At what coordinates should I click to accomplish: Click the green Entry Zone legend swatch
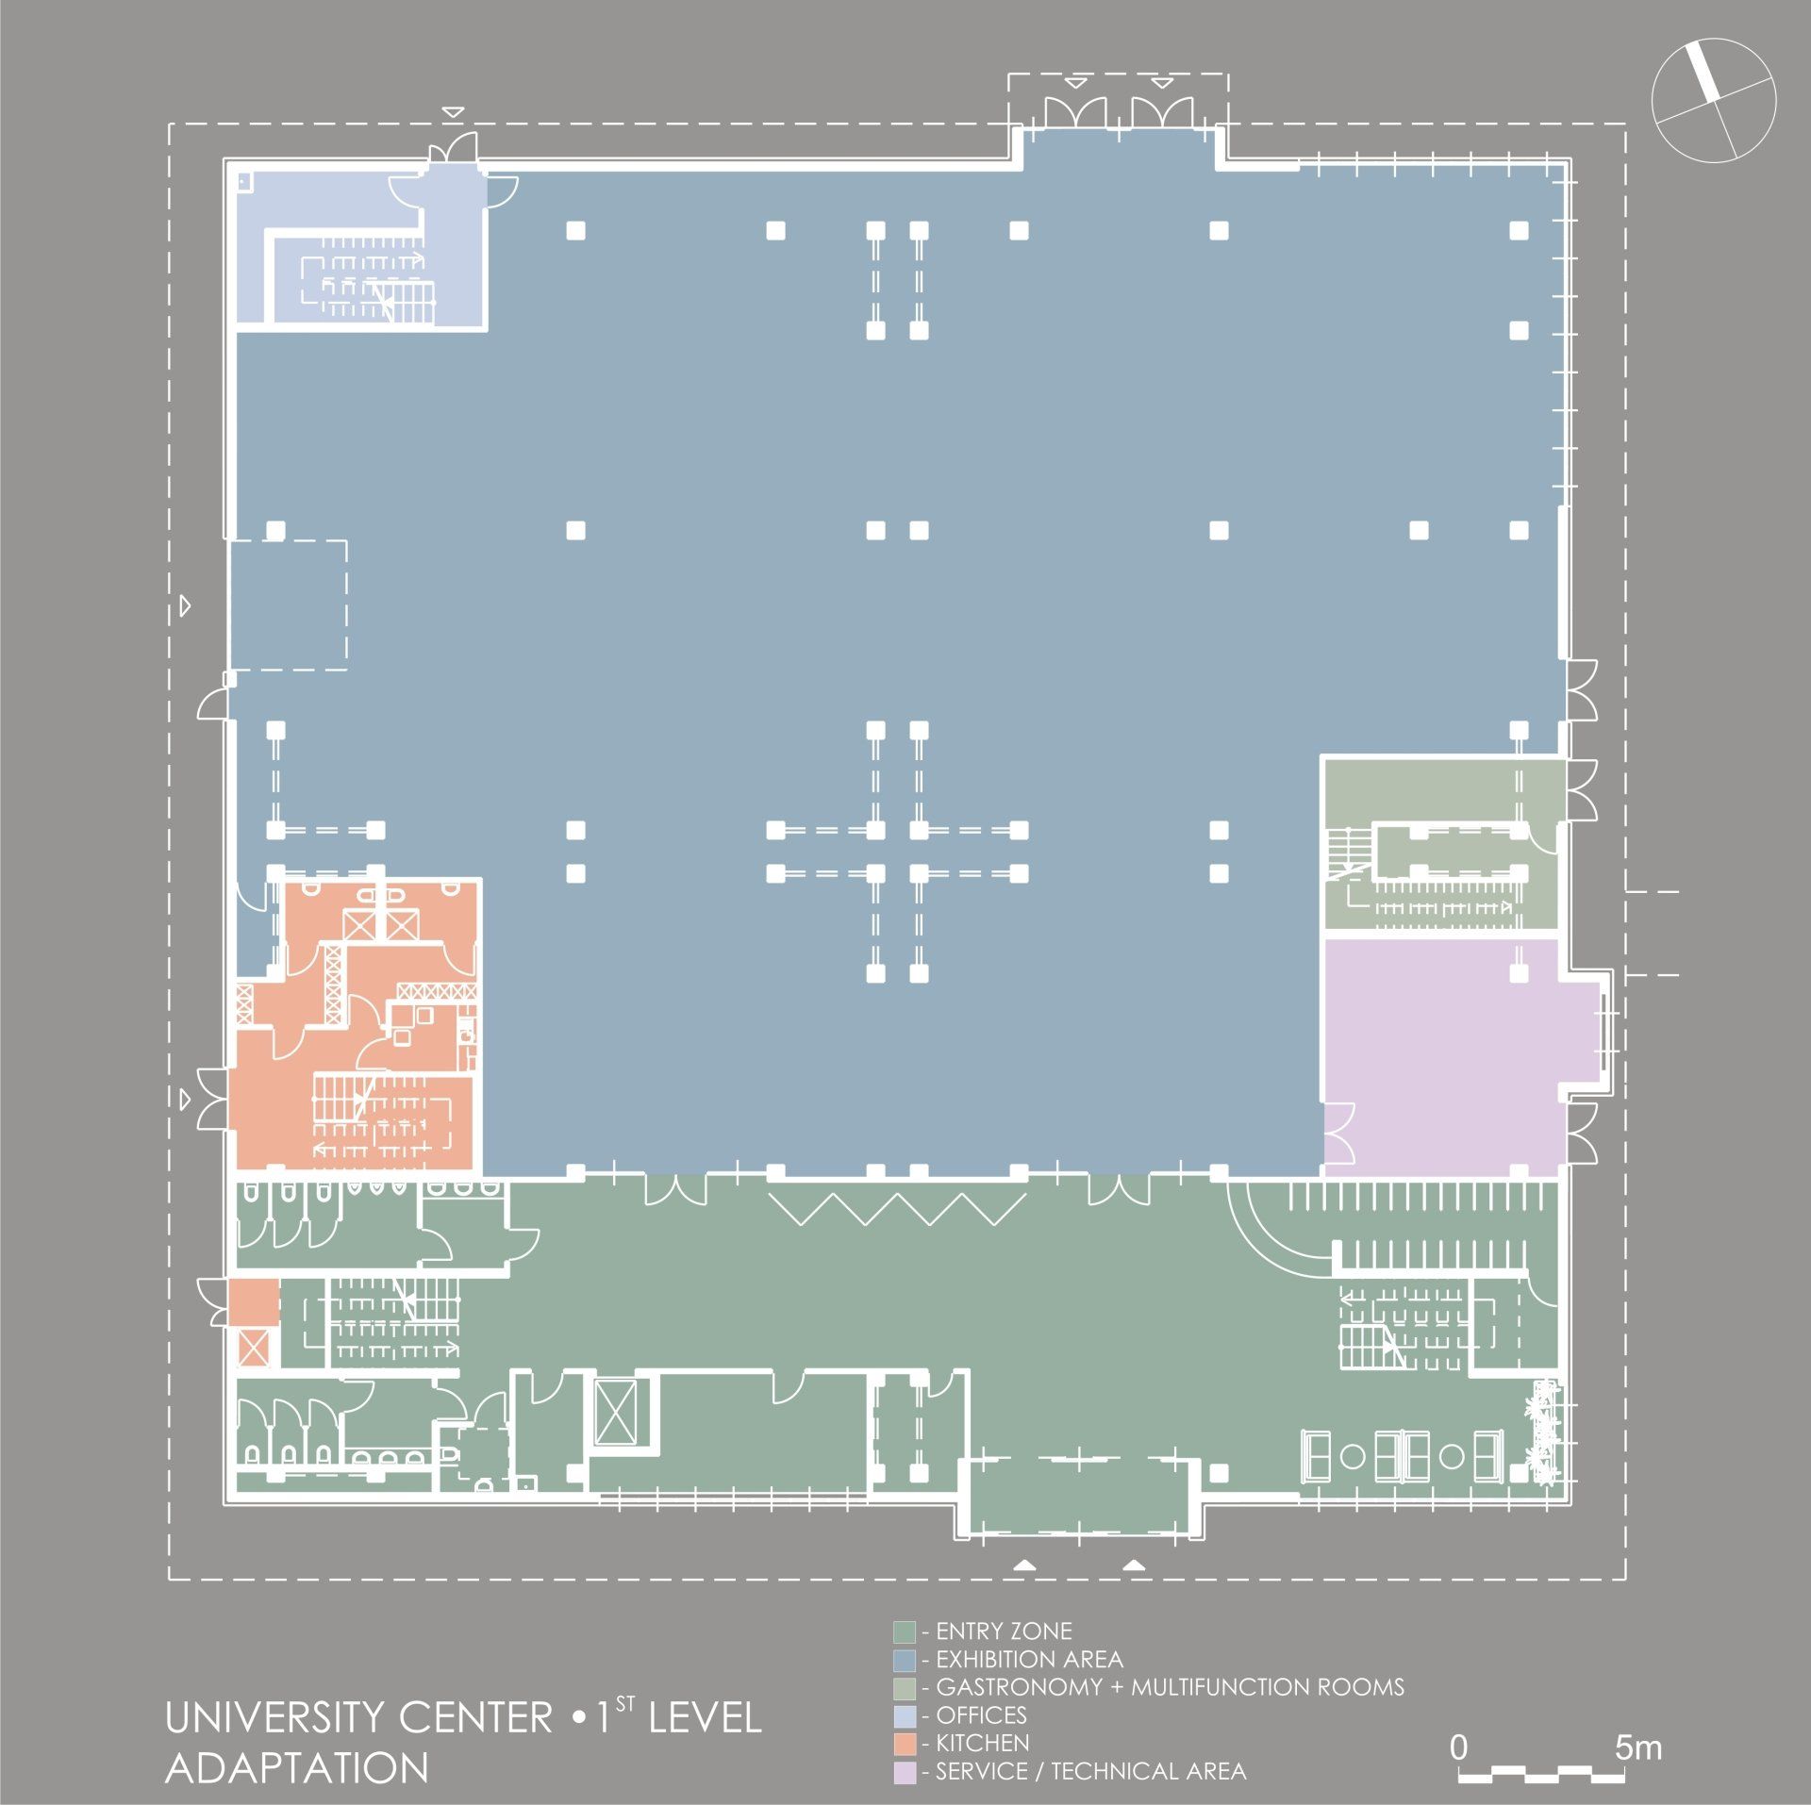pos(905,1631)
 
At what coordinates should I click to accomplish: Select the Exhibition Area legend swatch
pos(905,1660)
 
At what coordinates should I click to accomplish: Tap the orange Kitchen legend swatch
pos(905,1743)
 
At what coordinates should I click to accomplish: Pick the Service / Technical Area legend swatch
pos(905,1771)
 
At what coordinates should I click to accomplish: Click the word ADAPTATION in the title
pos(297,1767)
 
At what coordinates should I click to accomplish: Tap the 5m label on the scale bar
pos(1638,1747)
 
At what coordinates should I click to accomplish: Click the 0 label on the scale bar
pos(1459,1747)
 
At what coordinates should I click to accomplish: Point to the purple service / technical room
pos(1443,1057)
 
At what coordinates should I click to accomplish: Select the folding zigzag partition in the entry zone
pos(897,1210)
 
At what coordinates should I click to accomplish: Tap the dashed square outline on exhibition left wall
pos(289,605)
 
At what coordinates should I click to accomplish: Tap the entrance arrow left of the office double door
pos(453,112)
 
